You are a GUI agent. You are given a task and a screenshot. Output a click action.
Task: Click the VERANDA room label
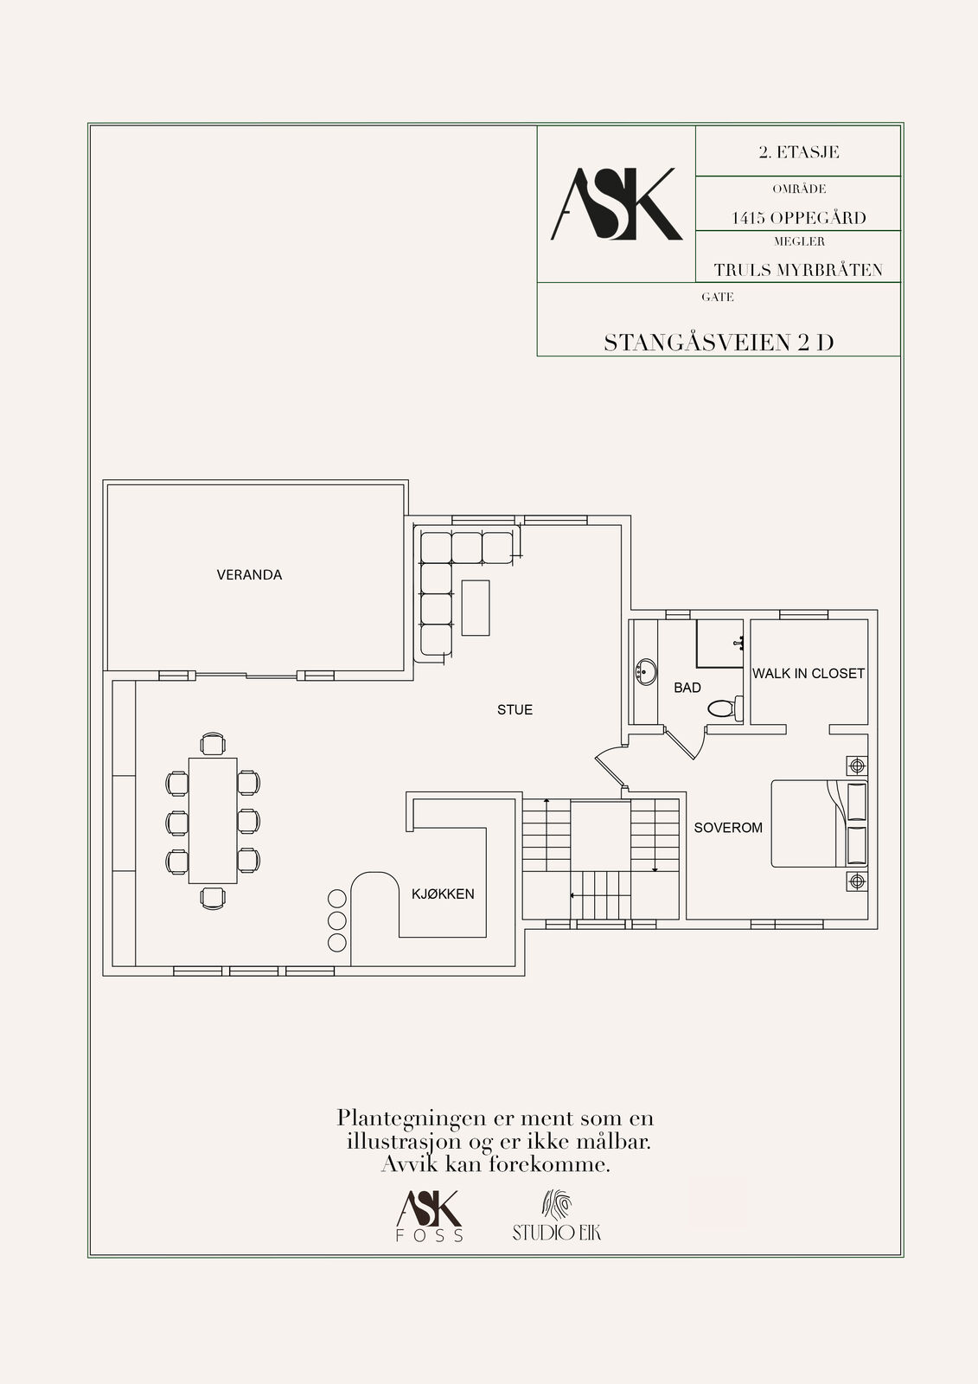[x=249, y=574]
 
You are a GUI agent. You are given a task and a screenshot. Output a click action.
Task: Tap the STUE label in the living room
[x=515, y=710]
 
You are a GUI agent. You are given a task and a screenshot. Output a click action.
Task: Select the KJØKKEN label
[x=443, y=894]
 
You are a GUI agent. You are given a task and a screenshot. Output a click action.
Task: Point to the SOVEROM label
[x=728, y=827]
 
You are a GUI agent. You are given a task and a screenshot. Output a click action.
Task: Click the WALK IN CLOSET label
[x=809, y=674]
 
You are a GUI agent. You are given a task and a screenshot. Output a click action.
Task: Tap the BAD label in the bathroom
[x=687, y=688]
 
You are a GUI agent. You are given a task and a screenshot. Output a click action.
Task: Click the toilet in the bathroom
[x=725, y=708]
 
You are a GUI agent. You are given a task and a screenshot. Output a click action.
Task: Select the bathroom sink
[x=646, y=671]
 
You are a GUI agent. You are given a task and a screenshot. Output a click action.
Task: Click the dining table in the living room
[x=213, y=821]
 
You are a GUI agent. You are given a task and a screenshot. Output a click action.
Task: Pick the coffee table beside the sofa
[x=476, y=608]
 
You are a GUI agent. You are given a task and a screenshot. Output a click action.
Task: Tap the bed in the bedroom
[x=819, y=823]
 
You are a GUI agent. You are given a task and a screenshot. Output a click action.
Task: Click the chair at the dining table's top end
[x=213, y=744]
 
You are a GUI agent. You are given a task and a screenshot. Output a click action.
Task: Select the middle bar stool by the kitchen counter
[x=336, y=920]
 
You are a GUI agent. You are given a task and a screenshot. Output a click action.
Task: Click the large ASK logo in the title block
[x=616, y=204]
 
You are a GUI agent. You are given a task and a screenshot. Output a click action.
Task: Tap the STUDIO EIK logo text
[x=557, y=1233]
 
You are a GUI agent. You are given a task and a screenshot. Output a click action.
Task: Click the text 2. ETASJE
[x=799, y=152]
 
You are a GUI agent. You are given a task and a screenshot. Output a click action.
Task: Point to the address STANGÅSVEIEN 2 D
[x=719, y=343]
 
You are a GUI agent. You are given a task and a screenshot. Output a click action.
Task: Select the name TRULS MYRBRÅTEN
[x=798, y=270]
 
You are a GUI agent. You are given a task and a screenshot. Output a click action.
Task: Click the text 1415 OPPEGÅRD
[x=799, y=217]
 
